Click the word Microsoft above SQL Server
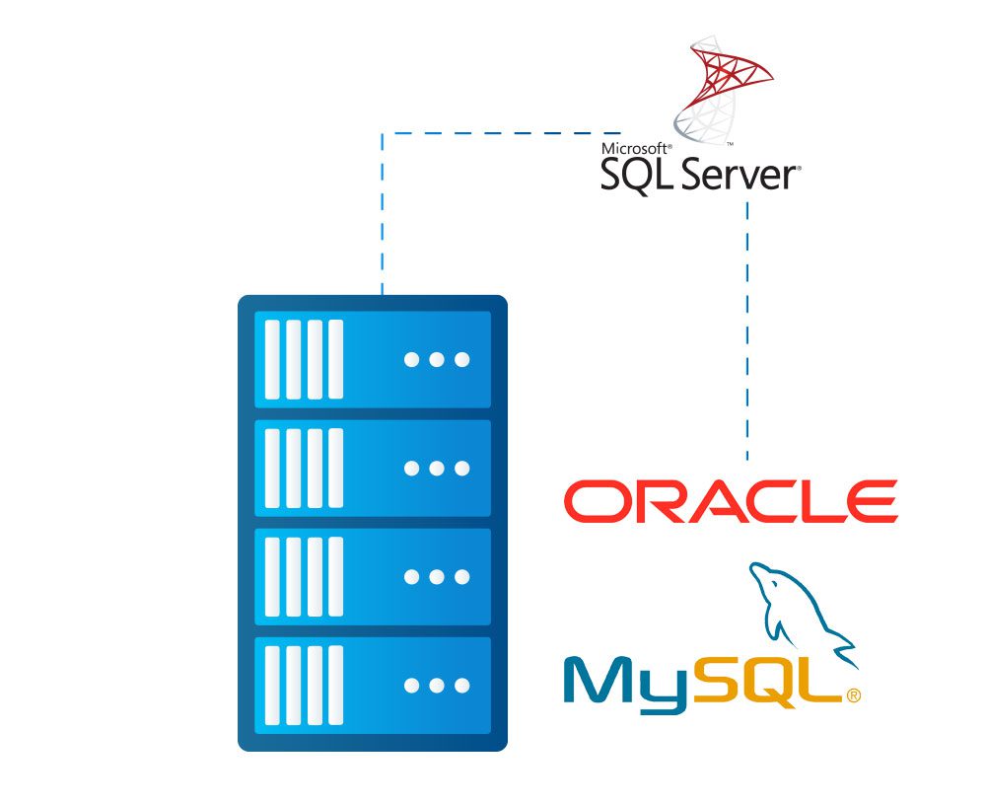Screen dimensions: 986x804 coord(636,149)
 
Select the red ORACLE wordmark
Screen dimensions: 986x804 coord(731,501)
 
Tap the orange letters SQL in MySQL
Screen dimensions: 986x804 coord(766,682)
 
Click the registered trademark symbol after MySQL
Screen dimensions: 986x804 coord(853,695)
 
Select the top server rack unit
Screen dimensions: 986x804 coord(373,359)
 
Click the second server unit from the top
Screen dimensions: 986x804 coord(373,468)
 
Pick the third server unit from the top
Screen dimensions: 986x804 coord(373,577)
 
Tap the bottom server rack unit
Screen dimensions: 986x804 coord(373,685)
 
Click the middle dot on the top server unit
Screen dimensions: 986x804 coord(437,359)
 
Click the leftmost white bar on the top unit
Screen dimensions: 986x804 coord(272,359)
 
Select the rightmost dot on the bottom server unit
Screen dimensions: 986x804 coord(462,685)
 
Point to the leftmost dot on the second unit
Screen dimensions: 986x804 coord(412,468)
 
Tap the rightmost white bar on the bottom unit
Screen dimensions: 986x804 coord(336,685)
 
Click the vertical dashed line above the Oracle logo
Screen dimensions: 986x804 coord(747,331)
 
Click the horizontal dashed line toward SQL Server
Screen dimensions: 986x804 coord(501,133)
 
